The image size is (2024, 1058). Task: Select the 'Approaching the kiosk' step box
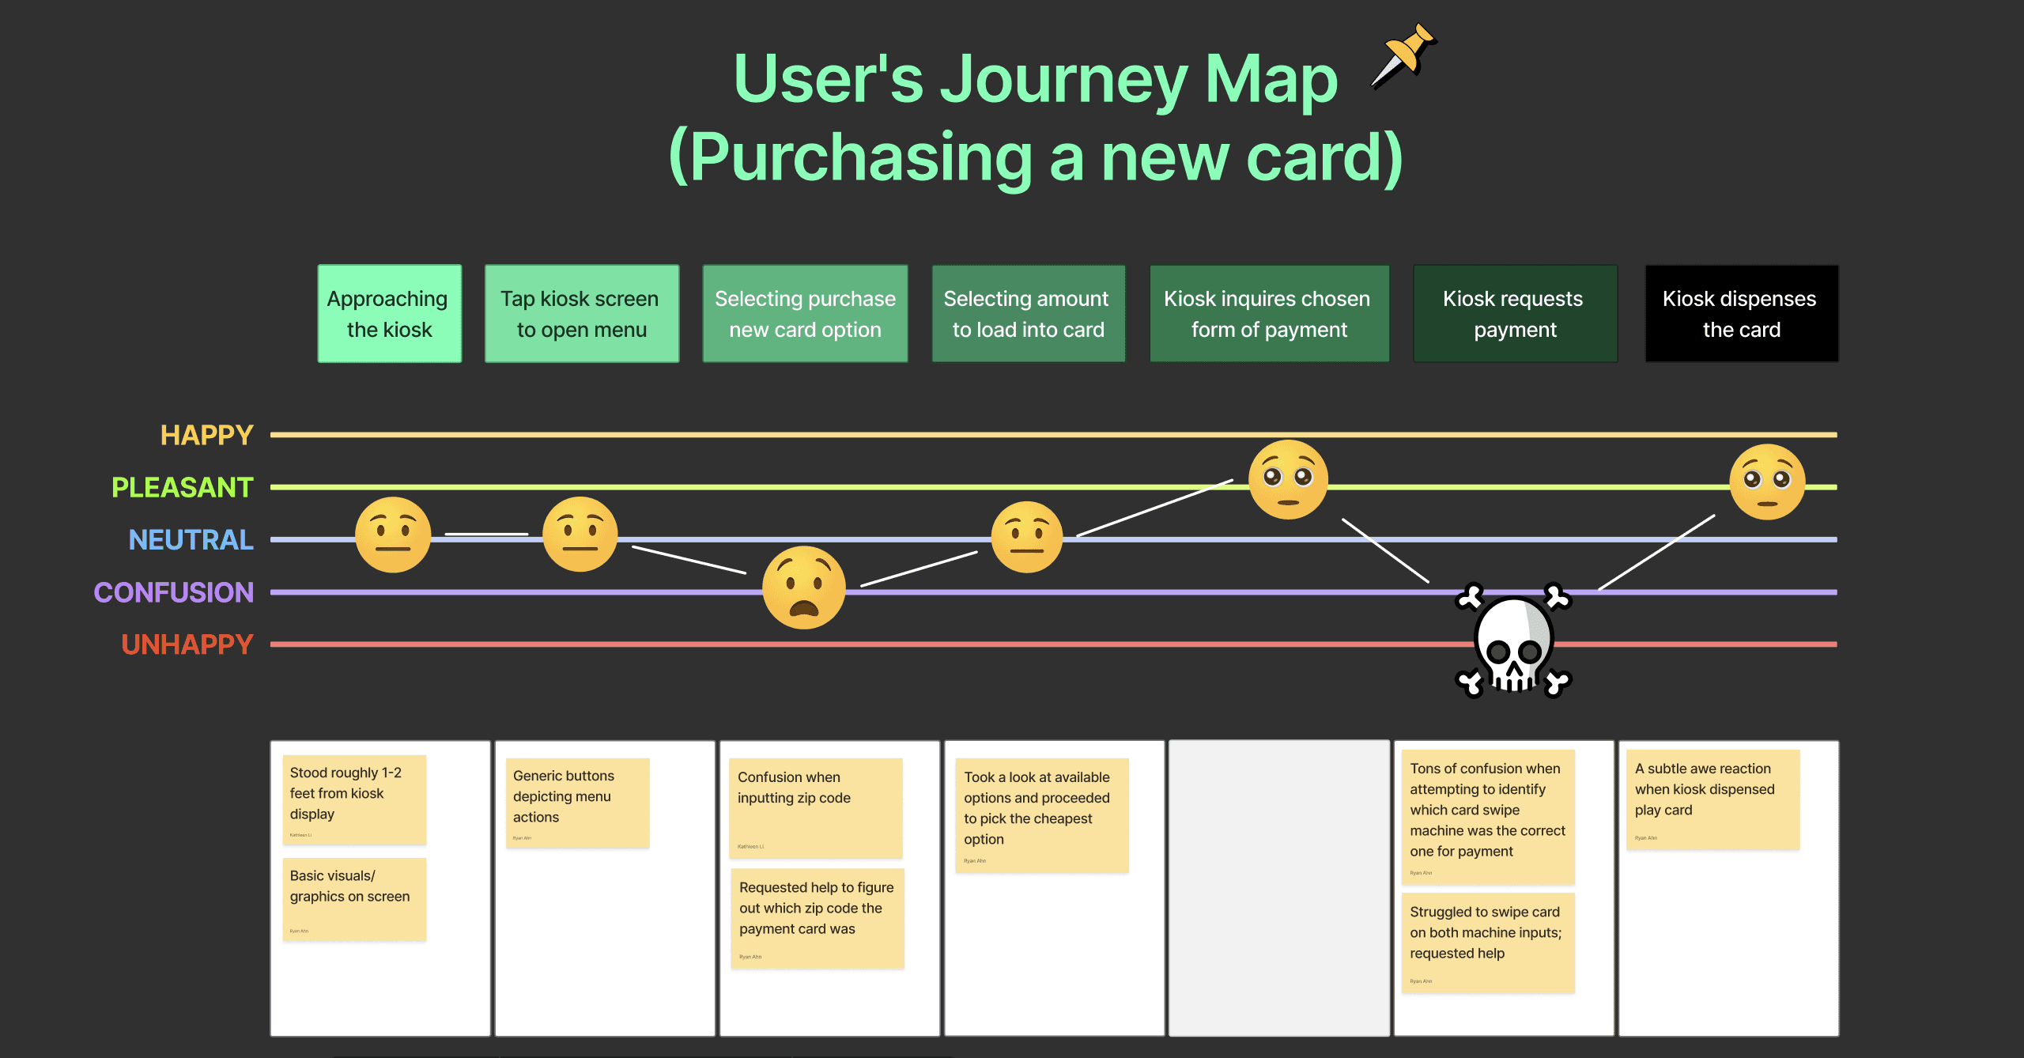[x=389, y=314]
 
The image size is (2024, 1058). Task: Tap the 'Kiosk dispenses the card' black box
[x=1741, y=314]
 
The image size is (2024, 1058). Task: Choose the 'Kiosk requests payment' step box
[x=1514, y=314]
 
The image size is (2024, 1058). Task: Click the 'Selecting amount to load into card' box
[x=1028, y=314]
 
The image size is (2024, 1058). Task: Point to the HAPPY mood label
[x=206, y=435]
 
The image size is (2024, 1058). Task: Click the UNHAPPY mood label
[x=187, y=644]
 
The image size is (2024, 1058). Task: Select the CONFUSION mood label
[x=174, y=592]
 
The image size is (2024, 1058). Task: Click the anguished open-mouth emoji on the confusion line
[x=803, y=588]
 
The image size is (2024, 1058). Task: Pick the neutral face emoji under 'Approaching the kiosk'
[x=393, y=535]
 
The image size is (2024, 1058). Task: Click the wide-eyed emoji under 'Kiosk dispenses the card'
[x=1767, y=482]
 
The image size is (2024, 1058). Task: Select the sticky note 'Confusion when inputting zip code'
[x=815, y=807]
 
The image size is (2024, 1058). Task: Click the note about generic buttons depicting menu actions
[x=577, y=803]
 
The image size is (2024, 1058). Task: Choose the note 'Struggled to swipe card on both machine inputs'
[x=1487, y=942]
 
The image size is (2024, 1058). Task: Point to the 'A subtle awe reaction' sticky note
[x=1712, y=799]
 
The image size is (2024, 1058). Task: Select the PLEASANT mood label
[x=183, y=487]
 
